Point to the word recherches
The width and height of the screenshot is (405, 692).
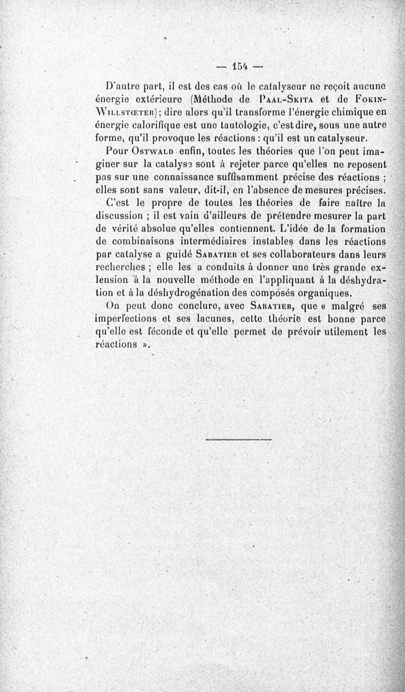pyautogui.click(x=121, y=267)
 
